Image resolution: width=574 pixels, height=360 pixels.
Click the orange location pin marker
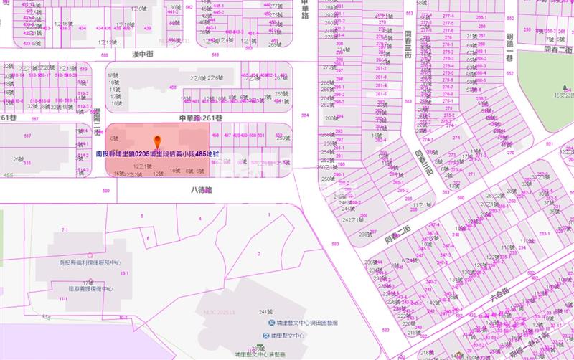pos(157,142)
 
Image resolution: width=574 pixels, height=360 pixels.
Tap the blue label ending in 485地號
pos(157,153)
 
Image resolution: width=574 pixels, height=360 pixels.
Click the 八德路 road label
pos(202,191)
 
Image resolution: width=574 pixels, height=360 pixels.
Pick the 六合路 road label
pos(504,293)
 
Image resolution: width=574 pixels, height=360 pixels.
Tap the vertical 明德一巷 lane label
pos(509,46)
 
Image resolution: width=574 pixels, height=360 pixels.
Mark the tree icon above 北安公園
pos(566,84)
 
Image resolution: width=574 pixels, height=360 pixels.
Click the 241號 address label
pos(266,311)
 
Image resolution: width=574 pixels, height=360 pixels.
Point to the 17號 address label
pos(88,283)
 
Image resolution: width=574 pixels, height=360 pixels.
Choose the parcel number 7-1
pos(65,229)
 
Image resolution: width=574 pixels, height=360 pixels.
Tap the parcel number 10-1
pos(124,273)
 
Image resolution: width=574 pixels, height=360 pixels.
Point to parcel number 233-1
pos(544,233)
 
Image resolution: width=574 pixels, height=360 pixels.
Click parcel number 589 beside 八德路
pos(106,191)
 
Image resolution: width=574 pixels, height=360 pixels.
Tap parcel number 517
pos(28,136)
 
